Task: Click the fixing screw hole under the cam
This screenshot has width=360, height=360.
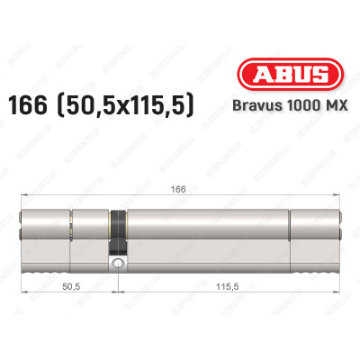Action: (x=117, y=264)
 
